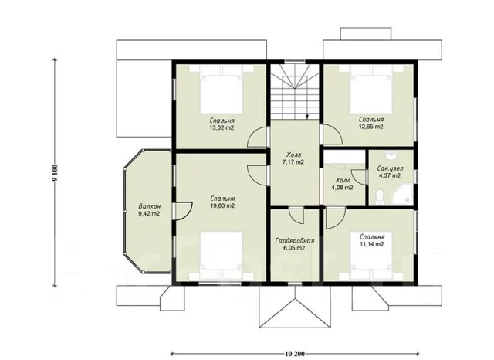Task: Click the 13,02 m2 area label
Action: click(x=222, y=128)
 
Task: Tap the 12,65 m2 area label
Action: click(x=370, y=127)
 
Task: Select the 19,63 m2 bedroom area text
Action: click(x=222, y=205)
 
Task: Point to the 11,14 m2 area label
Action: click(x=371, y=243)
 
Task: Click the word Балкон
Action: click(x=149, y=206)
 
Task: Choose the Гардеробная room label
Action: click(x=295, y=241)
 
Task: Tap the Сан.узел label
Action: click(x=390, y=168)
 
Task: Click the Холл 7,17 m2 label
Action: click(x=293, y=158)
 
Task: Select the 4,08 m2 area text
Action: click(x=343, y=188)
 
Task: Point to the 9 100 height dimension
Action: click(x=55, y=174)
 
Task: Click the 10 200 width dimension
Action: click(x=295, y=354)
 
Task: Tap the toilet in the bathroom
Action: click(x=379, y=197)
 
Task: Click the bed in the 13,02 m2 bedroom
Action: click(x=222, y=90)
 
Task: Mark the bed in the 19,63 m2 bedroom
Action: click(x=222, y=256)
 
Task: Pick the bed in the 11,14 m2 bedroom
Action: click(x=371, y=256)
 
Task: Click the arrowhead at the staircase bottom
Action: click(x=307, y=117)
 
